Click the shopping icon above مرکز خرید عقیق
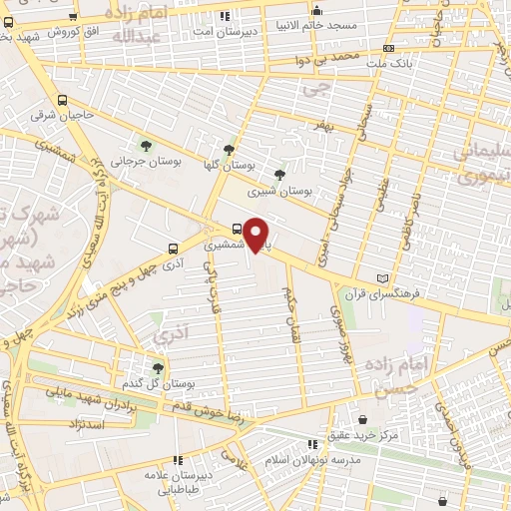click(x=361, y=418)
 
